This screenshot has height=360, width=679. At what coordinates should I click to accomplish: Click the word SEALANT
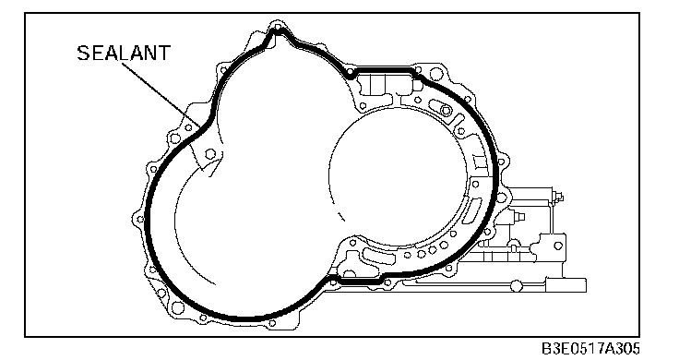[124, 53]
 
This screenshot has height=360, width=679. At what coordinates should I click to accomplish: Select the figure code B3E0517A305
[590, 348]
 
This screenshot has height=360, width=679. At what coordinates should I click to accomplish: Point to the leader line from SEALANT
[161, 94]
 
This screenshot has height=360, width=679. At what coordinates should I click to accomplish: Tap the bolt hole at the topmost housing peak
[277, 29]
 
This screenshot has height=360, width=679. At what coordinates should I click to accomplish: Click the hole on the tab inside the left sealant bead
[210, 154]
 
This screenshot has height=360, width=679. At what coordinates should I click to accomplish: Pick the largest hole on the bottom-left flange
[177, 307]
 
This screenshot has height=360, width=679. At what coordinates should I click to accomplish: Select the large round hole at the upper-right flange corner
[436, 75]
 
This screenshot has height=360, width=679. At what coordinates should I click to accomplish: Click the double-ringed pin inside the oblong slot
[446, 111]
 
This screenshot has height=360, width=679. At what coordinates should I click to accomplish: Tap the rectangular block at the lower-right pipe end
[566, 285]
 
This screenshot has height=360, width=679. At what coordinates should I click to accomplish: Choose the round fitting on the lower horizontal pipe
[517, 286]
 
